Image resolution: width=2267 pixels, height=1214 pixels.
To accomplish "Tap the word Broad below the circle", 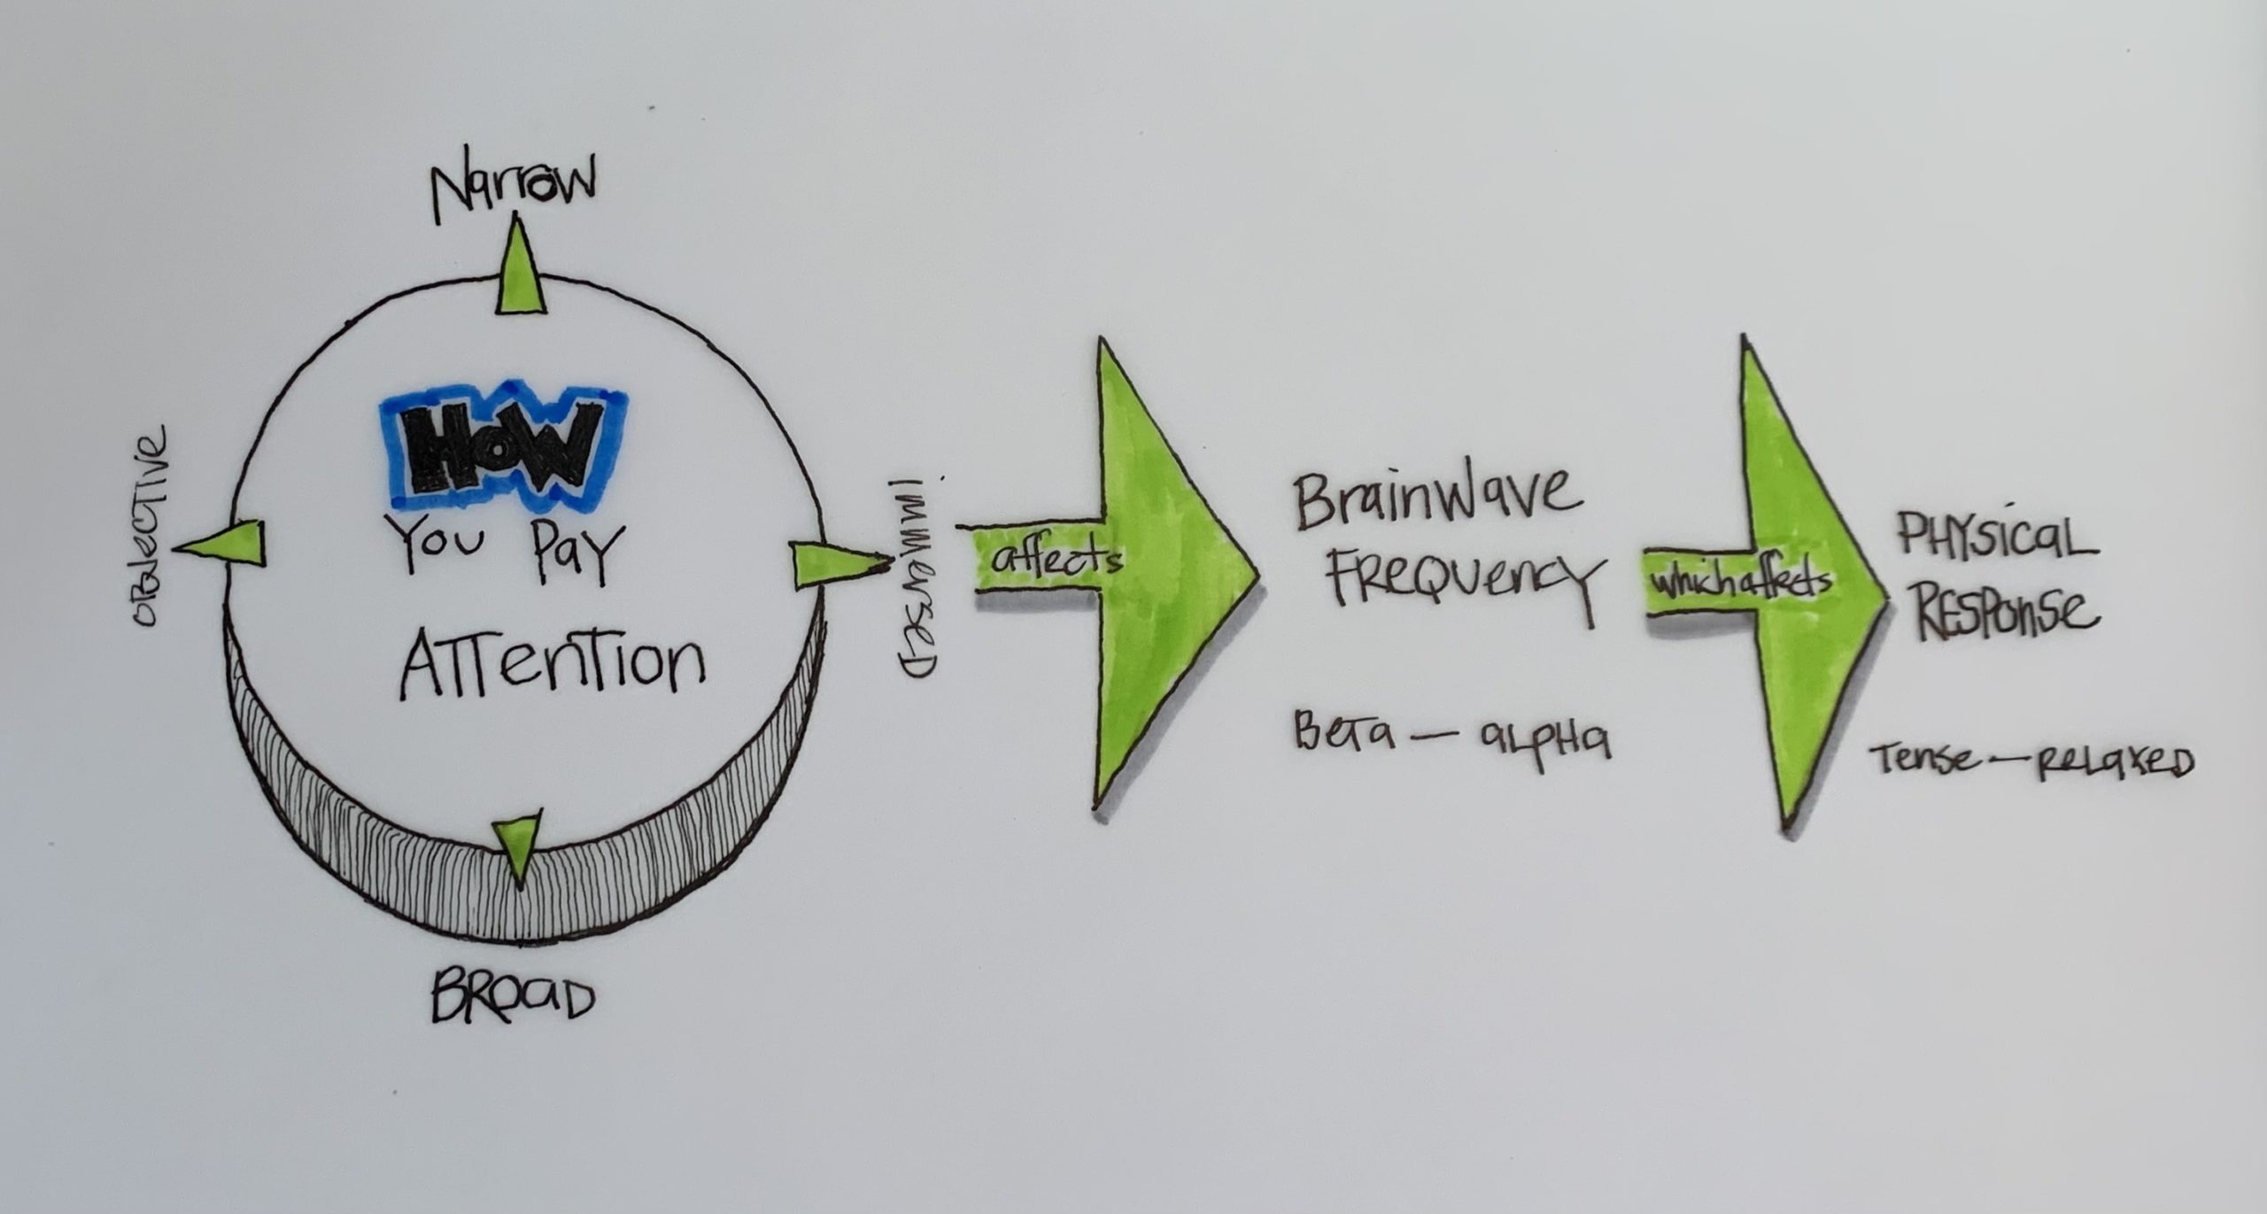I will pos(511,998).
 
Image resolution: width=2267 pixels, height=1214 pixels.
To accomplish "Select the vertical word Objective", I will pos(148,527).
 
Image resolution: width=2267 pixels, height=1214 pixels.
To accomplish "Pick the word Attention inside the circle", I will pos(552,665).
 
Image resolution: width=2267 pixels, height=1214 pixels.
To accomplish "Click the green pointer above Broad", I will pos(516,846).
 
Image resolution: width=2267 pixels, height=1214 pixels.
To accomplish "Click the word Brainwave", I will pos(1436,499).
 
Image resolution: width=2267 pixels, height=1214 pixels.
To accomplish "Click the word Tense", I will pos(1924,758).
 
